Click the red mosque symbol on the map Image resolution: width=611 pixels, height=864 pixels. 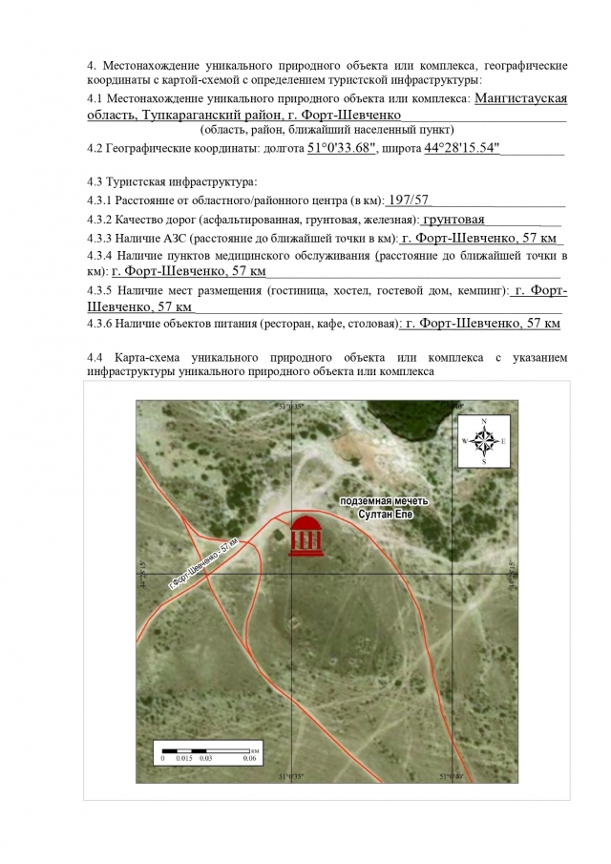coord(306,536)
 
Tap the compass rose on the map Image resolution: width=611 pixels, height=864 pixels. coord(485,441)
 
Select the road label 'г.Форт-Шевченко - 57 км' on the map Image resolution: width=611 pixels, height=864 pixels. coord(203,564)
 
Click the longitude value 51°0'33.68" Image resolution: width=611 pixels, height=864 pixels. coord(343,149)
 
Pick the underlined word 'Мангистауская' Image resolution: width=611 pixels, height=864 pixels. coord(521,97)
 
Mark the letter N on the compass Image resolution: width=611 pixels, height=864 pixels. coord(485,421)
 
